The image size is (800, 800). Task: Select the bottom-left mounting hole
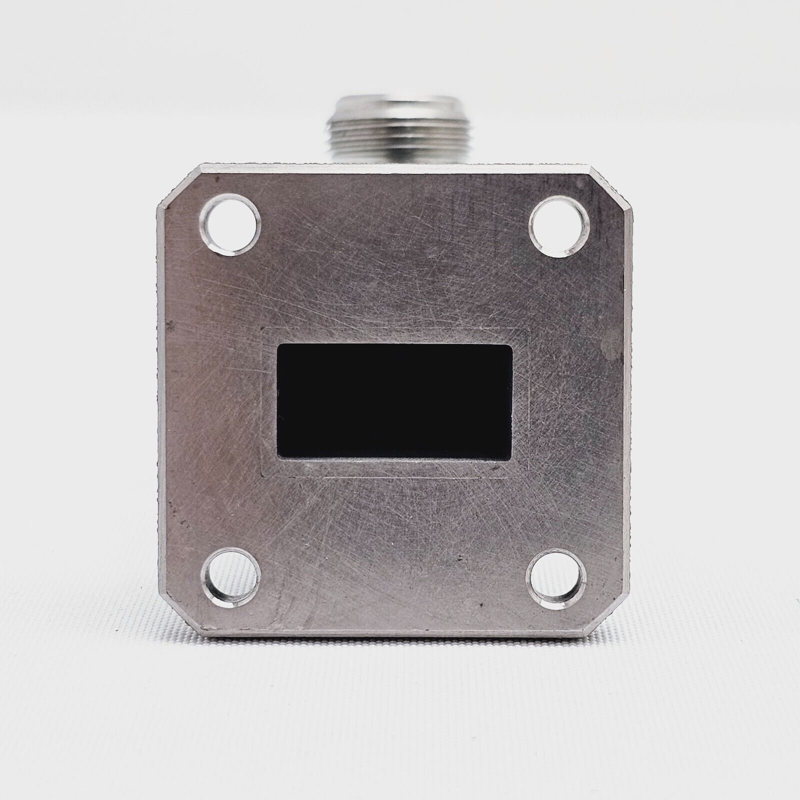tap(231, 577)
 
